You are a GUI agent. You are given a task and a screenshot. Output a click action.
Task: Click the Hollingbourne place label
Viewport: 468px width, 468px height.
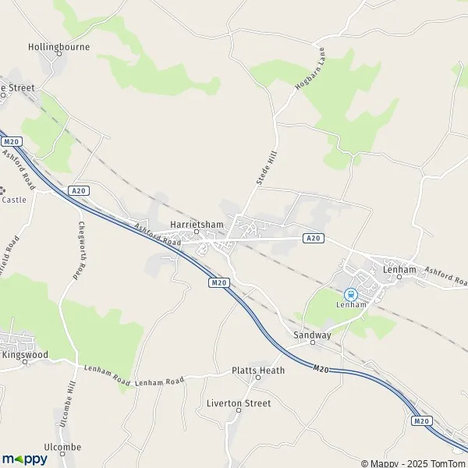pyautogui.click(x=59, y=47)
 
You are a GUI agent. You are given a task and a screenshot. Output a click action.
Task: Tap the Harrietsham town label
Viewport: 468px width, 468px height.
pyautogui.click(x=197, y=225)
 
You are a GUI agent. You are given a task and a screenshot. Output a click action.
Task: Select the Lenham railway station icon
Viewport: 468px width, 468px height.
pyautogui.click(x=351, y=294)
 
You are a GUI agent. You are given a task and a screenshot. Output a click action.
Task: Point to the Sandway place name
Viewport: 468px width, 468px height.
pyautogui.click(x=312, y=335)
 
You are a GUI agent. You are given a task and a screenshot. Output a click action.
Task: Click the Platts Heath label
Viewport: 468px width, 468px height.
pyautogui.click(x=258, y=370)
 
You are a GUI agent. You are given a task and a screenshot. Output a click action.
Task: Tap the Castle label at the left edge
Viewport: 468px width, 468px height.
pyautogui.click(x=14, y=200)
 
